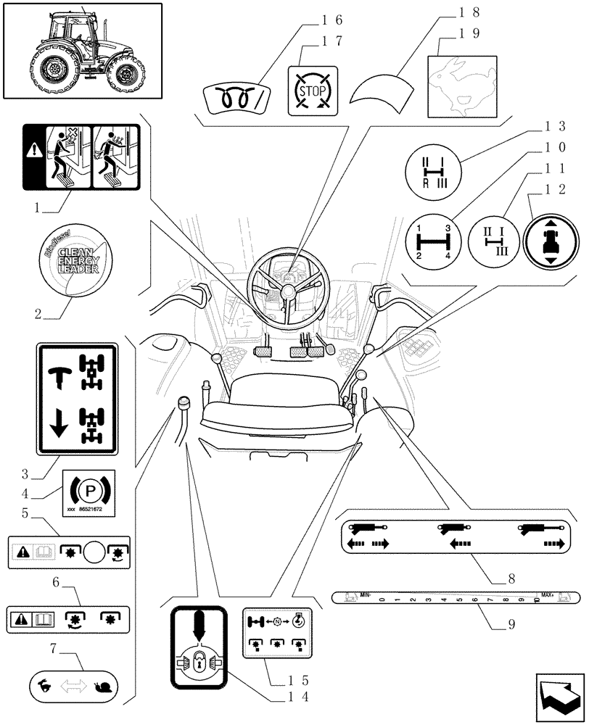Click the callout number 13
(x=555, y=125)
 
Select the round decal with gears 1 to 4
(x=433, y=242)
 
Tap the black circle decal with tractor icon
(x=551, y=241)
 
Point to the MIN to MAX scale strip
(x=454, y=598)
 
